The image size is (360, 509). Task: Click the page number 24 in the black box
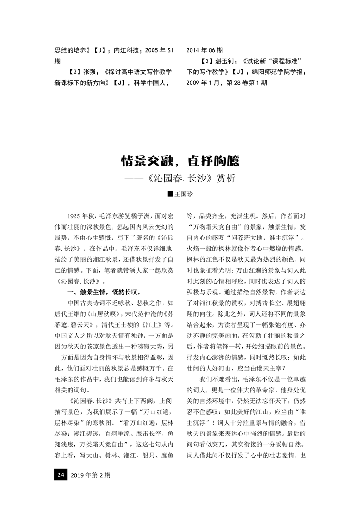click(60, 475)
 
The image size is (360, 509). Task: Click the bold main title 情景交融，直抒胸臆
click(180, 160)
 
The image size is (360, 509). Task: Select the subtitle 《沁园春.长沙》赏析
click(190, 178)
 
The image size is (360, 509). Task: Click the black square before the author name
click(170, 194)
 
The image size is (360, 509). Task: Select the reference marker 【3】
click(206, 60)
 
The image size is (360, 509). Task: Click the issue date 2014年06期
click(205, 49)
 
